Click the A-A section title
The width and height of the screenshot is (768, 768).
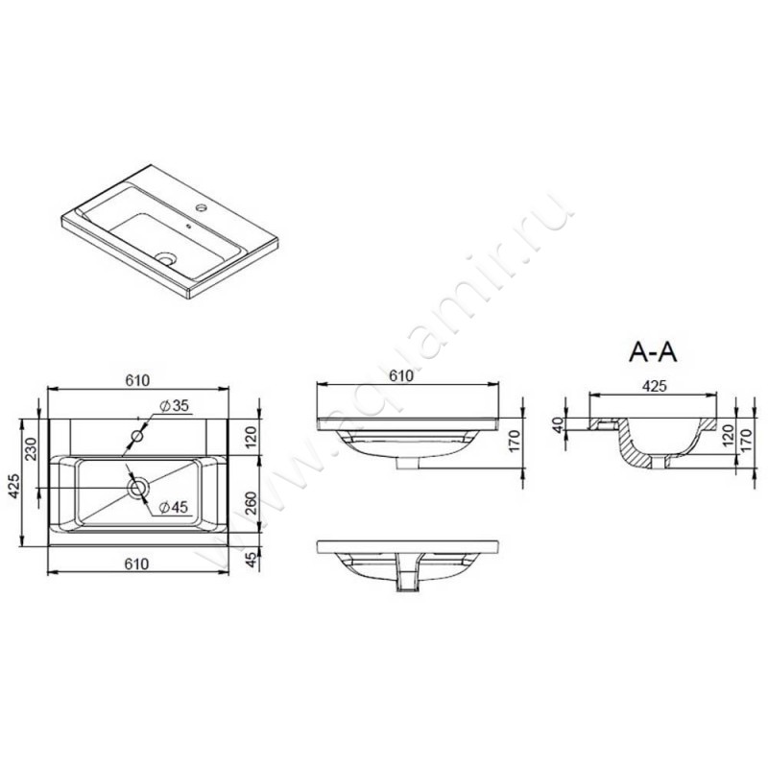click(653, 352)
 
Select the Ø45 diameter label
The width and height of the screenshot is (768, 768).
click(173, 506)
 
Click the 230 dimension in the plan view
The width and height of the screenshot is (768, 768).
click(31, 449)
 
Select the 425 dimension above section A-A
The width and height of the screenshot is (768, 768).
click(655, 387)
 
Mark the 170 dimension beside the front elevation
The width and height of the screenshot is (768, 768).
click(514, 443)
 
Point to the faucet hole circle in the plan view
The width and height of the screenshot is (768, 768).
click(137, 437)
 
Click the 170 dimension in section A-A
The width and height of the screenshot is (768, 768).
click(746, 445)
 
